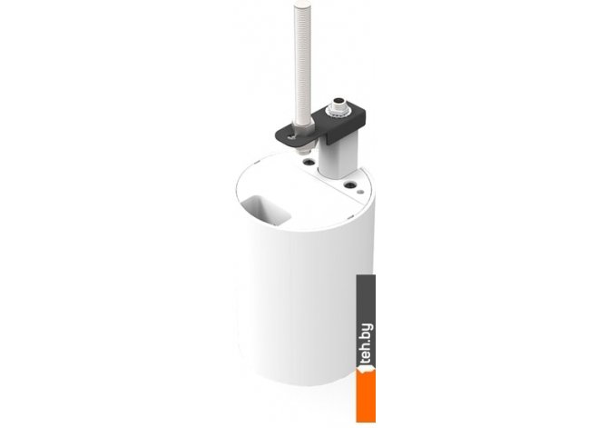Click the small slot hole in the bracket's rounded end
tap(289, 135)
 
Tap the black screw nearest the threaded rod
tap(309, 162)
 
